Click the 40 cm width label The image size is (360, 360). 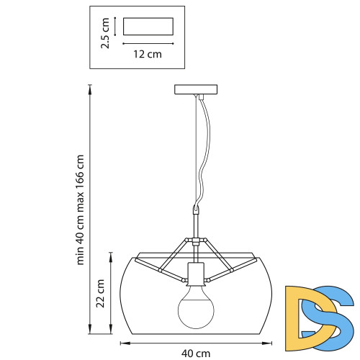click(x=196, y=354)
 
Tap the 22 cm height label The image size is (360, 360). click(x=100, y=293)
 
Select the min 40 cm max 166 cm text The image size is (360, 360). click(x=80, y=210)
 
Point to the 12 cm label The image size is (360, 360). click(x=148, y=54)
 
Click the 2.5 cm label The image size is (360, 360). click(x=105, y=33)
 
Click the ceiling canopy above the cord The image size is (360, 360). click(x=196, y=89)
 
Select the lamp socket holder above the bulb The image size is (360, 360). click(x=196, y=275)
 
